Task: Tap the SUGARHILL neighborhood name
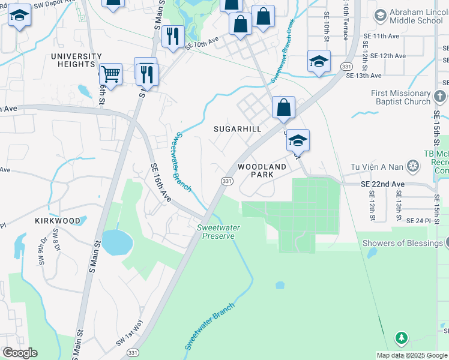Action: [x=238, y=129]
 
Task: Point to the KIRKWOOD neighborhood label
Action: [x=58, y=221]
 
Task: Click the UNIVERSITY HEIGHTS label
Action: [x=76, y=60]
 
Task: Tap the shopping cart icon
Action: [x=110, y=74]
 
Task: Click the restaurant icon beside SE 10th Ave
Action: [x=172, y=37]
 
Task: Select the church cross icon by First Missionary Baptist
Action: [x=439, y=96]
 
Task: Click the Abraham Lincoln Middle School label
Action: [x=416, y=16]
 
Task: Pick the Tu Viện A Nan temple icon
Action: [x=413, y=165]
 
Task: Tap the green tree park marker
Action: [x=402, y=338]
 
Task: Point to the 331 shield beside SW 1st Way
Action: [x=133, y=352]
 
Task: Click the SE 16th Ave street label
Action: [x=162, y=182]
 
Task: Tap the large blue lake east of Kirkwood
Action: [x=116, y=242]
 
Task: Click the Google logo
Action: [x=20, y=353]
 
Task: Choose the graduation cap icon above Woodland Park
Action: [x=297, y=140]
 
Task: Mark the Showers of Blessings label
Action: [x=402, y=243]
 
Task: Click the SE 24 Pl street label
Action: [x=419, y=221]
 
